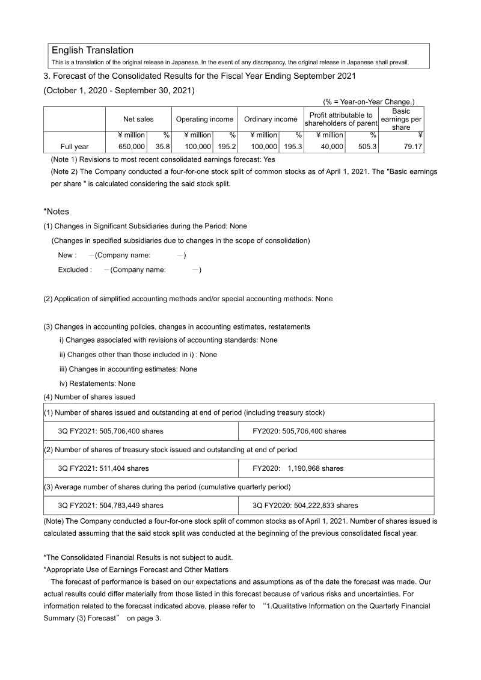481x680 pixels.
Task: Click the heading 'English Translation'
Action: [93, 51]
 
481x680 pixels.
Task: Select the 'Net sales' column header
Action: [138, 120]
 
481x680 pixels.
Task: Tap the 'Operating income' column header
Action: [204, 120]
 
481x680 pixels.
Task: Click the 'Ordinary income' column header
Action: [271, 120]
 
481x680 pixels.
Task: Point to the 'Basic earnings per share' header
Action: [401, 120]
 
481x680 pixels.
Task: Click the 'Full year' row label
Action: [75, 147]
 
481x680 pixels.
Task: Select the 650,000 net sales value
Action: [132, 147]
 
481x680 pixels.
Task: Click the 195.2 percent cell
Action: [227, 147]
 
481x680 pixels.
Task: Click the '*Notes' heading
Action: [57, 212]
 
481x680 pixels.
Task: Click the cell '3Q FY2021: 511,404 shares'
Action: [103, 468]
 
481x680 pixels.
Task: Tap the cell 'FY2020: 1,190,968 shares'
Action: [298, 468]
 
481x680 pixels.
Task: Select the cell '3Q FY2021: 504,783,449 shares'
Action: [111, 506]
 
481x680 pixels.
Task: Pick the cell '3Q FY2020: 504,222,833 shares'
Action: [305, 506]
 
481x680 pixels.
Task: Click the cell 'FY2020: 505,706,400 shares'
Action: [299, 431]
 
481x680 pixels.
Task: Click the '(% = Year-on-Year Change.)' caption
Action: [369, 103]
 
